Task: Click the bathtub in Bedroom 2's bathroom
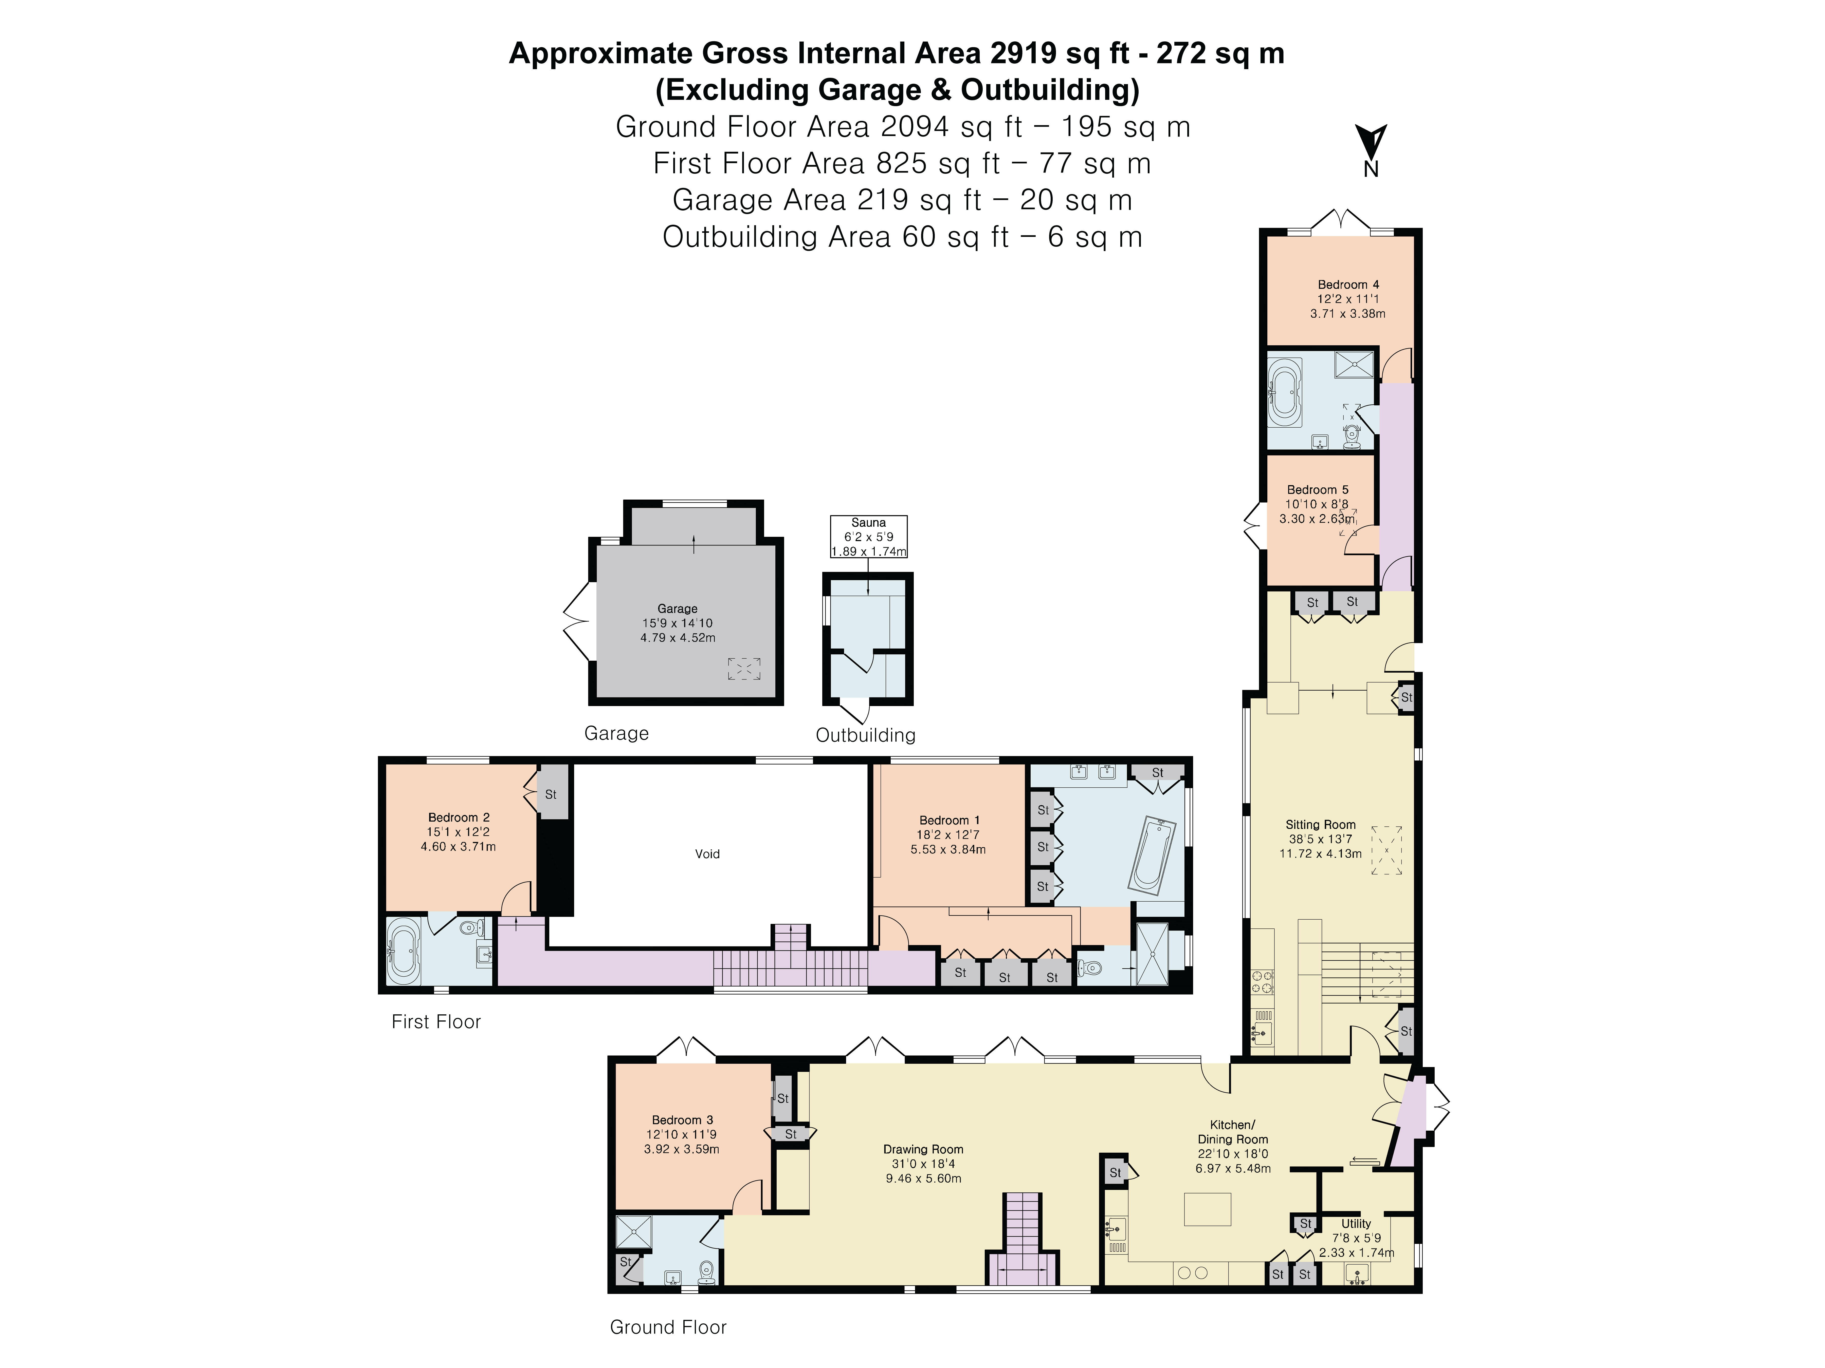coord(404,950)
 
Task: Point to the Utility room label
coord(1356,1224)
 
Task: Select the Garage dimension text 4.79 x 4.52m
coord(677,637)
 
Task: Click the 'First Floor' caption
coord(436,1022)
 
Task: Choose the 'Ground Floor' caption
coord(667,1327)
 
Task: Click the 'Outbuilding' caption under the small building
coord(865,735)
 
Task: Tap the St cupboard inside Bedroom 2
coord(551,794)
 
